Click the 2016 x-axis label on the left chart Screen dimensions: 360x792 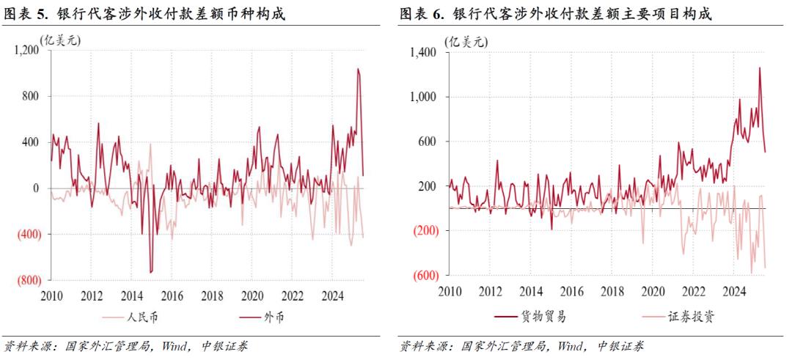pyautogui.click(x=171, y=296)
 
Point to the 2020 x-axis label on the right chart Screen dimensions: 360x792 pyautogui.click(x=653, y=292)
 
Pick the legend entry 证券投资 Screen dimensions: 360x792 pyautogui.click(x=691, y=317)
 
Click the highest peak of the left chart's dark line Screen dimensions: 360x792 pyautogui.click(x=358, y=69)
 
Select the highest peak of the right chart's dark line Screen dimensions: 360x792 pyautogui.click(x=759, y=67)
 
